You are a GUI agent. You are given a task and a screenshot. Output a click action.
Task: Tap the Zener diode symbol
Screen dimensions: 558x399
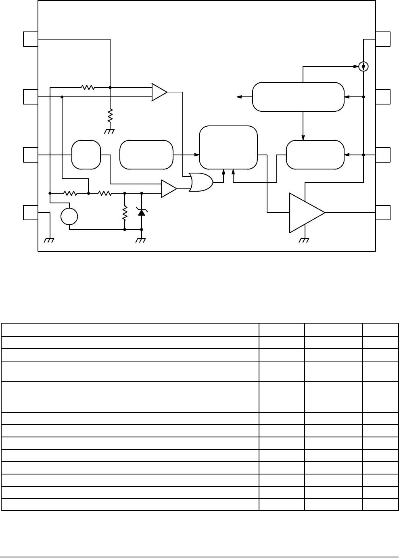click(x=142, y=211)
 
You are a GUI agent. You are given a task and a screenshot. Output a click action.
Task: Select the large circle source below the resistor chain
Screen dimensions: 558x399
click(x=69, y=216)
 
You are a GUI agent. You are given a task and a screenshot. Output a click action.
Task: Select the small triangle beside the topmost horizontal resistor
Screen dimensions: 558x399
click(x=159, y=92)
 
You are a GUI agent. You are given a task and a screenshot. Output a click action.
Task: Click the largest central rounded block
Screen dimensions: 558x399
click(x=228, y=147)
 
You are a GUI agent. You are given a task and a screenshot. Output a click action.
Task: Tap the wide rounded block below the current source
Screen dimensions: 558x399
click(x=298, y=96)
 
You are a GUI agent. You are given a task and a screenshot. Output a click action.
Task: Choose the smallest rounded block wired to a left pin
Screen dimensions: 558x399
click(x=86, y=155)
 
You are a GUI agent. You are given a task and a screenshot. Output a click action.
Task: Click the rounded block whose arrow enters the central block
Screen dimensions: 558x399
click(x=146, y=155)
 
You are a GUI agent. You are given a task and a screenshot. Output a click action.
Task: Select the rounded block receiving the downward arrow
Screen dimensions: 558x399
click(x=315, y=155)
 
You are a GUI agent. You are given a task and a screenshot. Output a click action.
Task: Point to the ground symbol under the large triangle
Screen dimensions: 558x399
click(x=304, y=240)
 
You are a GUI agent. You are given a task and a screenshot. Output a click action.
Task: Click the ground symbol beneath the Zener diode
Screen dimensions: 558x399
click(x=141, y=240)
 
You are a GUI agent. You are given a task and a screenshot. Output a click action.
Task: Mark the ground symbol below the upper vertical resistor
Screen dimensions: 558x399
click(x=110, y=131)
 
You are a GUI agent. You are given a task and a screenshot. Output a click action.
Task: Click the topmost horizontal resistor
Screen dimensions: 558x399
click(x=88, y=87)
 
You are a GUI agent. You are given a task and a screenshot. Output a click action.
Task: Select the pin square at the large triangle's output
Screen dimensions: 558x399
click(x=383, y=212)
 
